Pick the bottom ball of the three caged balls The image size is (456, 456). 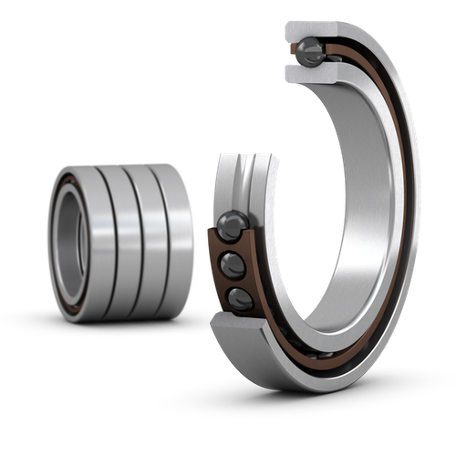click(x=240, y=297)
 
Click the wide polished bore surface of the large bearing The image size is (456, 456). click(x=360, y=182)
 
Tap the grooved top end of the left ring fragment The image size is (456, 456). click(x=244, y=164)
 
